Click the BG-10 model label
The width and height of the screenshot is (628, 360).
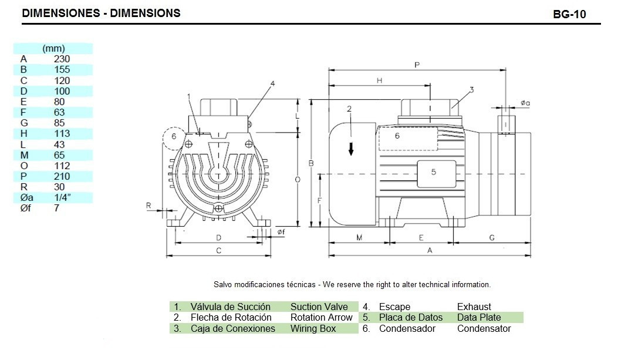click(569, 15)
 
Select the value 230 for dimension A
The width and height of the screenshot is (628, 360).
click(62, 59)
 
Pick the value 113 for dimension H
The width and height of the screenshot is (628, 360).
click(62, 134)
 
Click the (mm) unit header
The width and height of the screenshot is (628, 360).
click(53, 49)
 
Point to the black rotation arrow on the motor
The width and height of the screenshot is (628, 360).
click(351, 149)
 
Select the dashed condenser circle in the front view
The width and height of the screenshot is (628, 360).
click(174, 137)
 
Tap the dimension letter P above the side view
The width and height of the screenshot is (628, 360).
click(417, 65)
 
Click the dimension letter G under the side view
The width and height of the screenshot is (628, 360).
click(492, 238)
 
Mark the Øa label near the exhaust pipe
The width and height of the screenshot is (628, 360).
click(525, 103)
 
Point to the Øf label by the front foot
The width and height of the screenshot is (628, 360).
click(281, 233)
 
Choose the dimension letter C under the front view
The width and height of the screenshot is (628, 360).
click(218, 251)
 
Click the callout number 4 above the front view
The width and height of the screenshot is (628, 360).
click(272, 83)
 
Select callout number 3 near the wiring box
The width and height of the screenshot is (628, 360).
click(471, 90)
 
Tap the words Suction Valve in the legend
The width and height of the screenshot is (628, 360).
click(319, 307)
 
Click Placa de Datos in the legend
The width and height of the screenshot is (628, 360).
click(411, 318)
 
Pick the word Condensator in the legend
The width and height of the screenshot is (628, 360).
click(484, 329)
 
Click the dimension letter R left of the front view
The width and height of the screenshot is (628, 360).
click(149, 206)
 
